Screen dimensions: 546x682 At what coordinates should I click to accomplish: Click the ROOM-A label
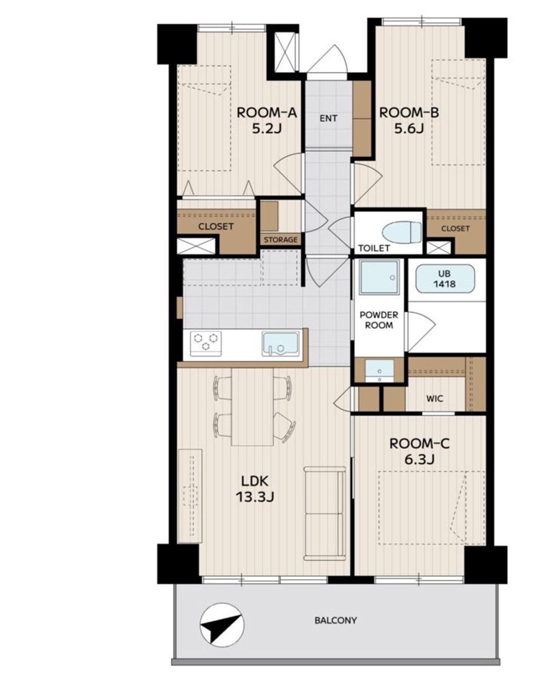pos(266,113)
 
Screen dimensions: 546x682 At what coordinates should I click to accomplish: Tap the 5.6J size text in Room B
pos(409,129)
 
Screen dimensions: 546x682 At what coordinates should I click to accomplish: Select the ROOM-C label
pos(419,444)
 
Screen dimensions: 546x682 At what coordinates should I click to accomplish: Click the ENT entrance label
pos(329,119)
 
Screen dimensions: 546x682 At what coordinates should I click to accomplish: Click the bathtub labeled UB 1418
pos(445,279)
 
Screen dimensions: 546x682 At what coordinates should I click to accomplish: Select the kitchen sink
pos(281,344)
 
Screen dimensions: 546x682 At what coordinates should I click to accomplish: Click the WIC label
pos(435,399)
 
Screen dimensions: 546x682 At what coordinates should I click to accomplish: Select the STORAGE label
pos(281,239)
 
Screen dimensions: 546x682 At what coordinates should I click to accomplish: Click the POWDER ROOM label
pos(379,320)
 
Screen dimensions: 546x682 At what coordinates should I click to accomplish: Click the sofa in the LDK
pos(324,513)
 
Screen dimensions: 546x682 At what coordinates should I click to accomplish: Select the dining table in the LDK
pos(253,407)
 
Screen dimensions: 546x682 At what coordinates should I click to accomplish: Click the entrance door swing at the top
pos(328,60)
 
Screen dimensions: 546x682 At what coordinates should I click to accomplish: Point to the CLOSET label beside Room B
pos(456,228)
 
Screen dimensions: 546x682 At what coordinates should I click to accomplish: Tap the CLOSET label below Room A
pos(216,226)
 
